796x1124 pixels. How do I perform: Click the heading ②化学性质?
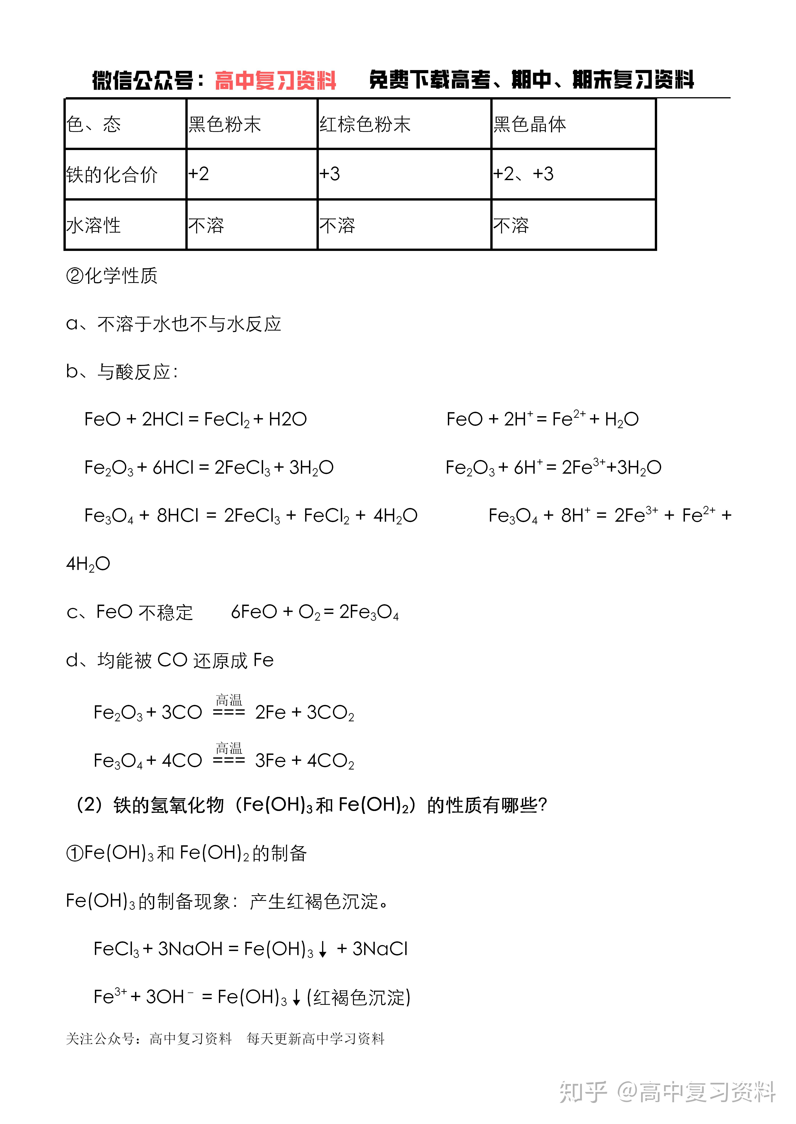click(112, 276)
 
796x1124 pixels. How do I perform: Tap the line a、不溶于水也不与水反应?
click(174, 324)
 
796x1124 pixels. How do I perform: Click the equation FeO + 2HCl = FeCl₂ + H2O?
click(196, 419)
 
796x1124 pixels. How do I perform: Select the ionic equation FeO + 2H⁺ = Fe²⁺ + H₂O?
click(542, 419)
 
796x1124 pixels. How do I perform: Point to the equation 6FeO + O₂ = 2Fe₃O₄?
click(315, 612)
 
